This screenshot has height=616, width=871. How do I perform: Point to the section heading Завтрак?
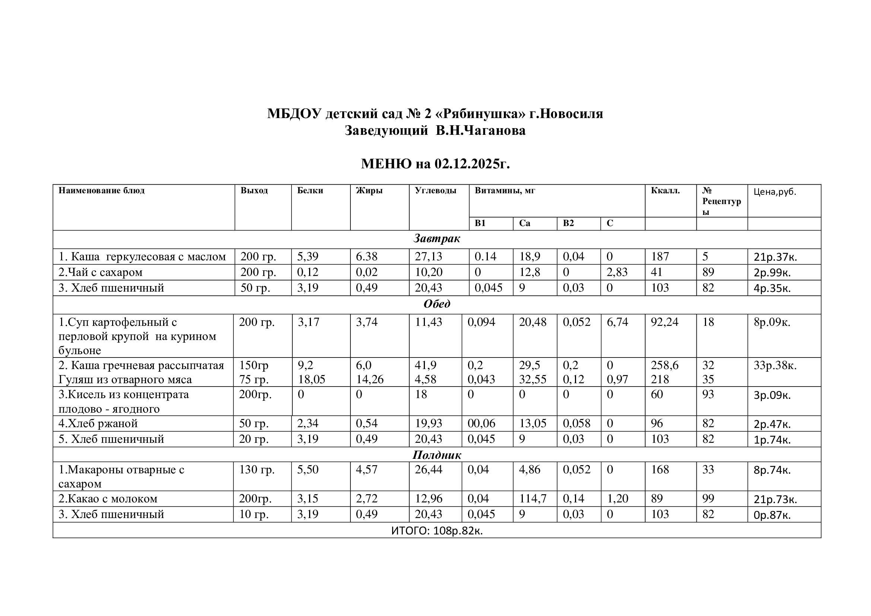click(437, 239)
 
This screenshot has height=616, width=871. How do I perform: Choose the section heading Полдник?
click(437, 455)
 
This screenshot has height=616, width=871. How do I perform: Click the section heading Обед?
click(437, 304)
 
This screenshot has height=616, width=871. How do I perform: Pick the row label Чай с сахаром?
click(101, 272)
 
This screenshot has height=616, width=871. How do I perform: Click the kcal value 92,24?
click(664, 322)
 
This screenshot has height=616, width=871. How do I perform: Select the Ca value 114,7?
click(533, 498)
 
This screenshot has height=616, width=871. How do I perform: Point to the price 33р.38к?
click(775, 366)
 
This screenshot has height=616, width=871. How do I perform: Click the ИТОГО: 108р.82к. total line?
click(437, 531)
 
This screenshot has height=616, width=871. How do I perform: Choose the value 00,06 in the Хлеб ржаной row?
click(481, 423)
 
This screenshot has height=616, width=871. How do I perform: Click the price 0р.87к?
click(772, 515)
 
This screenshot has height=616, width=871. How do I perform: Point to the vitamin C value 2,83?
click(617, 272)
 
